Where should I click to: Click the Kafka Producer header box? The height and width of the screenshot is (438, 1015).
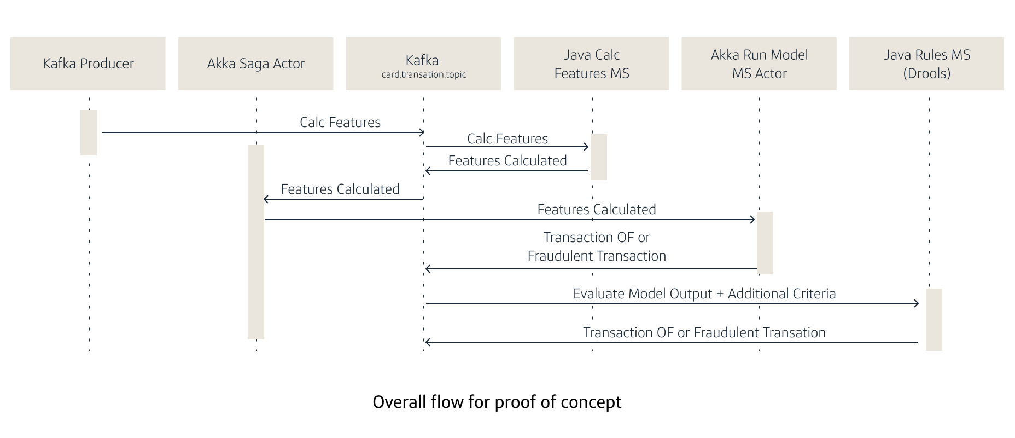pos(87,64)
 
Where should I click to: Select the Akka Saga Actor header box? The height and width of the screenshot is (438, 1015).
pos(255,64)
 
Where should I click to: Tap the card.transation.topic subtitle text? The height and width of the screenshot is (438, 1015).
pos(423,74)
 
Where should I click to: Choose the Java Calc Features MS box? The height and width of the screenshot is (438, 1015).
pos(591,64)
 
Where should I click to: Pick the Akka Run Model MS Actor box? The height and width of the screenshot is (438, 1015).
pos(759,64)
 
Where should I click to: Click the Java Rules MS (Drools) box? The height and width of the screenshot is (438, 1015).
pos(926,64)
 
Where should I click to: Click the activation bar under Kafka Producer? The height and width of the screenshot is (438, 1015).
pos(89,132)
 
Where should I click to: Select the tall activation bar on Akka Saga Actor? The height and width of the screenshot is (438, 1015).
pos(256,242)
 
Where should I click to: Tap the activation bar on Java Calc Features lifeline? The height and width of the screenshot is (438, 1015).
pos(599,157)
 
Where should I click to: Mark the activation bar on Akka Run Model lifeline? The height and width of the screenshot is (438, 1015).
pos(765,243)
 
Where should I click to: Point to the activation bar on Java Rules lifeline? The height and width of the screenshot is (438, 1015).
pos(934,320)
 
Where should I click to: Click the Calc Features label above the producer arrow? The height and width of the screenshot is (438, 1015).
pos(340,123)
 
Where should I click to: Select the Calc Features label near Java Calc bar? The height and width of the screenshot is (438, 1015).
pos(507,139)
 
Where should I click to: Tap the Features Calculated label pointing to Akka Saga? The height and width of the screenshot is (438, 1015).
pos(340,189)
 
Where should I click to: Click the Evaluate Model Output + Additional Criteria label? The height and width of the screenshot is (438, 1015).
pos(704,294)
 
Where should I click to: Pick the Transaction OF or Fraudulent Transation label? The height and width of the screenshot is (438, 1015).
pos(704,333)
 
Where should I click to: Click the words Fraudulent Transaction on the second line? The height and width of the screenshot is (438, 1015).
pos(597,256)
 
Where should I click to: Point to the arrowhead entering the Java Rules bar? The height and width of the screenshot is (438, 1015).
pos(917,303)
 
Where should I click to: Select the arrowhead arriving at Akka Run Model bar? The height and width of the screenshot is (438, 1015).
pos(752,220)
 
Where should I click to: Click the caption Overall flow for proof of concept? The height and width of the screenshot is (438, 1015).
pos(497,402)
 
